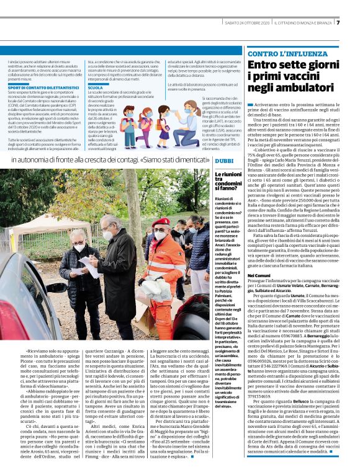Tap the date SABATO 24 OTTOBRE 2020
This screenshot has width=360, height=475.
click(x=247, y=23)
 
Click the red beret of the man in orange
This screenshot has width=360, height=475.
click(x=163, y=221)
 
